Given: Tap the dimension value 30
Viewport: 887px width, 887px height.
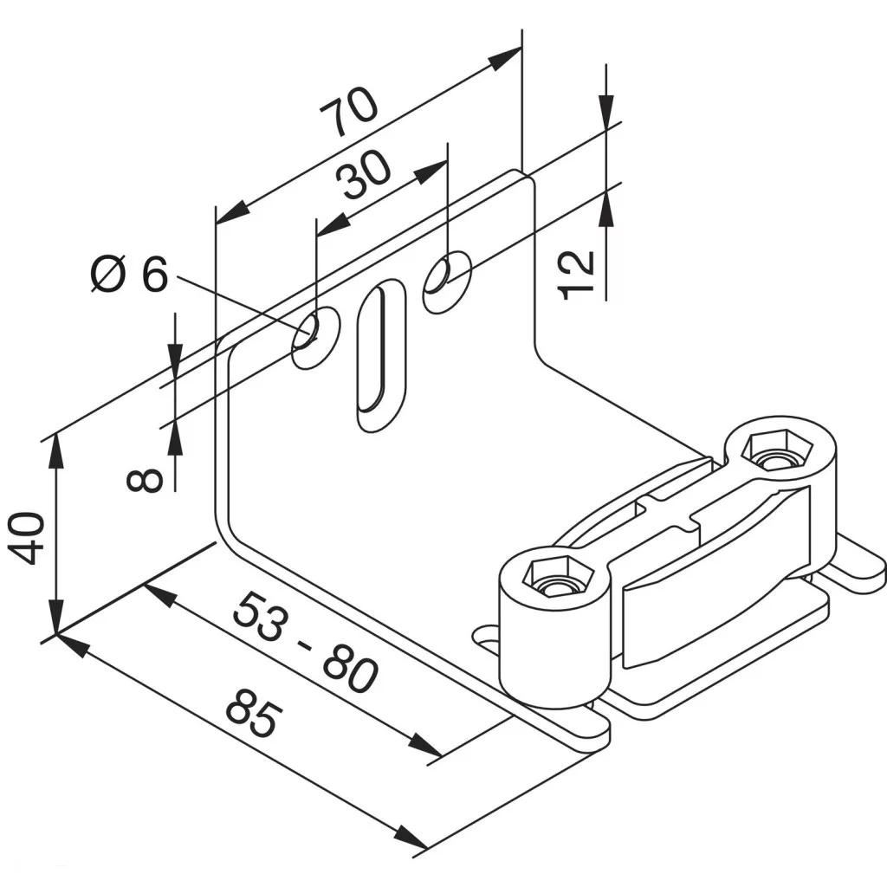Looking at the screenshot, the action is click(363, 174).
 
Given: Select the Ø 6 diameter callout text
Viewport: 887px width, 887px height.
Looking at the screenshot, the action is click(130, 275).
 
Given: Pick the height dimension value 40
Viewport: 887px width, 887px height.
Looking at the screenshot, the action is click(26, 538).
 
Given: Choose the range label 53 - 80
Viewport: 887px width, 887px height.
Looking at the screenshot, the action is click(305, 643).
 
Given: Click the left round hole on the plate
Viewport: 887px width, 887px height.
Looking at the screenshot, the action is click(315, 337).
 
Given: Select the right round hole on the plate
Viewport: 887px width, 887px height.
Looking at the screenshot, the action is click(448, 282).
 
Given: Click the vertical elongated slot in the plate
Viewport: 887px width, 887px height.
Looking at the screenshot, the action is click(382, 355).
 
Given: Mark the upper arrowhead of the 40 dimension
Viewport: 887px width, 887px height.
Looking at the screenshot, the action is click(55, 450).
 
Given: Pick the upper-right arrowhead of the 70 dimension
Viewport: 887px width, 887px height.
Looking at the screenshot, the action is click(505, 58).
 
